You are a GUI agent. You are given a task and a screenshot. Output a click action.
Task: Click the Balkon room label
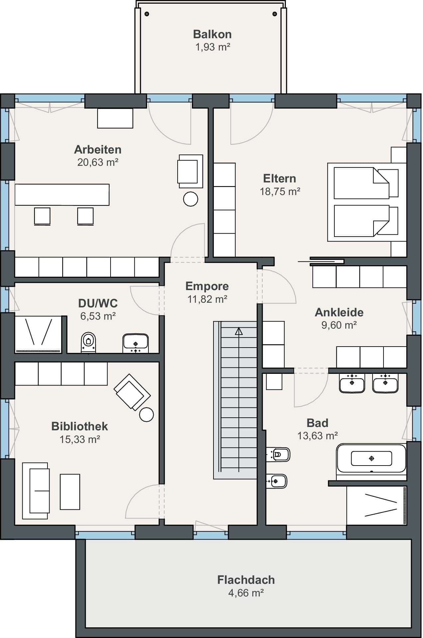pyautogui.click(x=212, y=34)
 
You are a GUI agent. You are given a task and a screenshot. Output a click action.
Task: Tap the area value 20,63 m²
pyautogui.click(x=98, y=162)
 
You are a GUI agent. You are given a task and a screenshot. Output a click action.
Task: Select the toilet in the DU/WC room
pyautogui.click(x=88, y=342)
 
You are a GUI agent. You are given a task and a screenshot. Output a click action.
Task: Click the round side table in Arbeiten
pyautogui.click(x=191, y=199)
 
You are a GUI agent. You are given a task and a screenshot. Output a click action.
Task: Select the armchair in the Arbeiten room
pyautogui.click(x=190, y=171)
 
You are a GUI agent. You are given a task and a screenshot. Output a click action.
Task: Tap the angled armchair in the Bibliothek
pyautogui.click(x=132, y=392)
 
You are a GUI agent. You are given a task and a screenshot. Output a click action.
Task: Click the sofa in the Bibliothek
pyautogui.click(x=36, y=490)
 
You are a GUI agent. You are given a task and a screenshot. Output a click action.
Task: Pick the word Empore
pyautogui.click(x=207, y=286)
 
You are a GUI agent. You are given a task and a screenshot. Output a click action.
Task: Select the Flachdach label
pyautogui.click(x=246, y=580)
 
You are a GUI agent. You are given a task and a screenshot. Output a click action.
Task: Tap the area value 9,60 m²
pyautogui.click(x=339, y=325)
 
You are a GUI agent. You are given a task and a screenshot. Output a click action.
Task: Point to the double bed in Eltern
pyautogui.click(x=367, y=202)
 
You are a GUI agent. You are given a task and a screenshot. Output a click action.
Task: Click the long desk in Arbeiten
pyautogui.click(x=62, y=195)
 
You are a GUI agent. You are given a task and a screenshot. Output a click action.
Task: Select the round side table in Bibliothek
pyautogui.click(x=146, y=414)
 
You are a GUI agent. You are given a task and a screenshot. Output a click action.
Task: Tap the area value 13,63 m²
pyautogui.click(x=317, y=436)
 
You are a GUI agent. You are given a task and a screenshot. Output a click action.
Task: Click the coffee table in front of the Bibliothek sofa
pyautogui.click(x=70, y=492)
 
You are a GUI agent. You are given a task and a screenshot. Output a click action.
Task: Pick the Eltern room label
pyautogui.click(x=280, y=178)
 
